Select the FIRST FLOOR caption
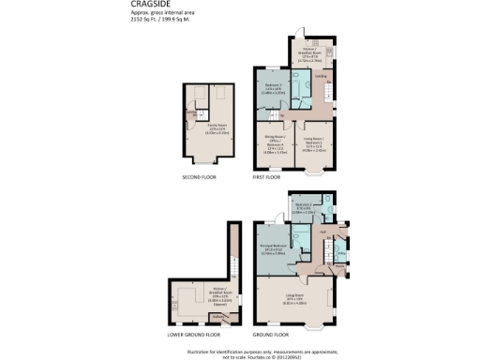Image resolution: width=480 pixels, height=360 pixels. pyautogui.click(x=267, y=175)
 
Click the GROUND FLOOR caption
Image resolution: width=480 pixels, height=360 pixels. pyautogui.click(x=273, y=333)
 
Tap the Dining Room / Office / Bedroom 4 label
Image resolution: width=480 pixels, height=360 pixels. pyautogui.click(x=273, y=144)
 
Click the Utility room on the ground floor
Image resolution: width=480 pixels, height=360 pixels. pyautogui.click(x=339, y=254)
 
